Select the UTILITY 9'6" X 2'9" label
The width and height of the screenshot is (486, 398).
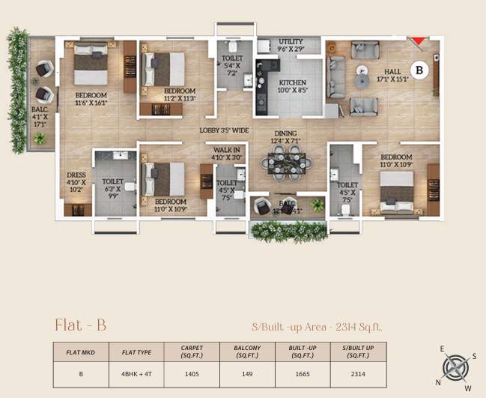(x=291, y=45)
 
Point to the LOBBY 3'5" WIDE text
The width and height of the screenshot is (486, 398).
(x=224, y=130)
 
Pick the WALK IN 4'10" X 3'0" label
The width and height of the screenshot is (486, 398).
(x=226, y=154)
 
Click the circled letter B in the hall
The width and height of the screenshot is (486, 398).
(x=419, y=70)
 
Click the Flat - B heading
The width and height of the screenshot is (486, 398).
(x=80, y=325)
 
